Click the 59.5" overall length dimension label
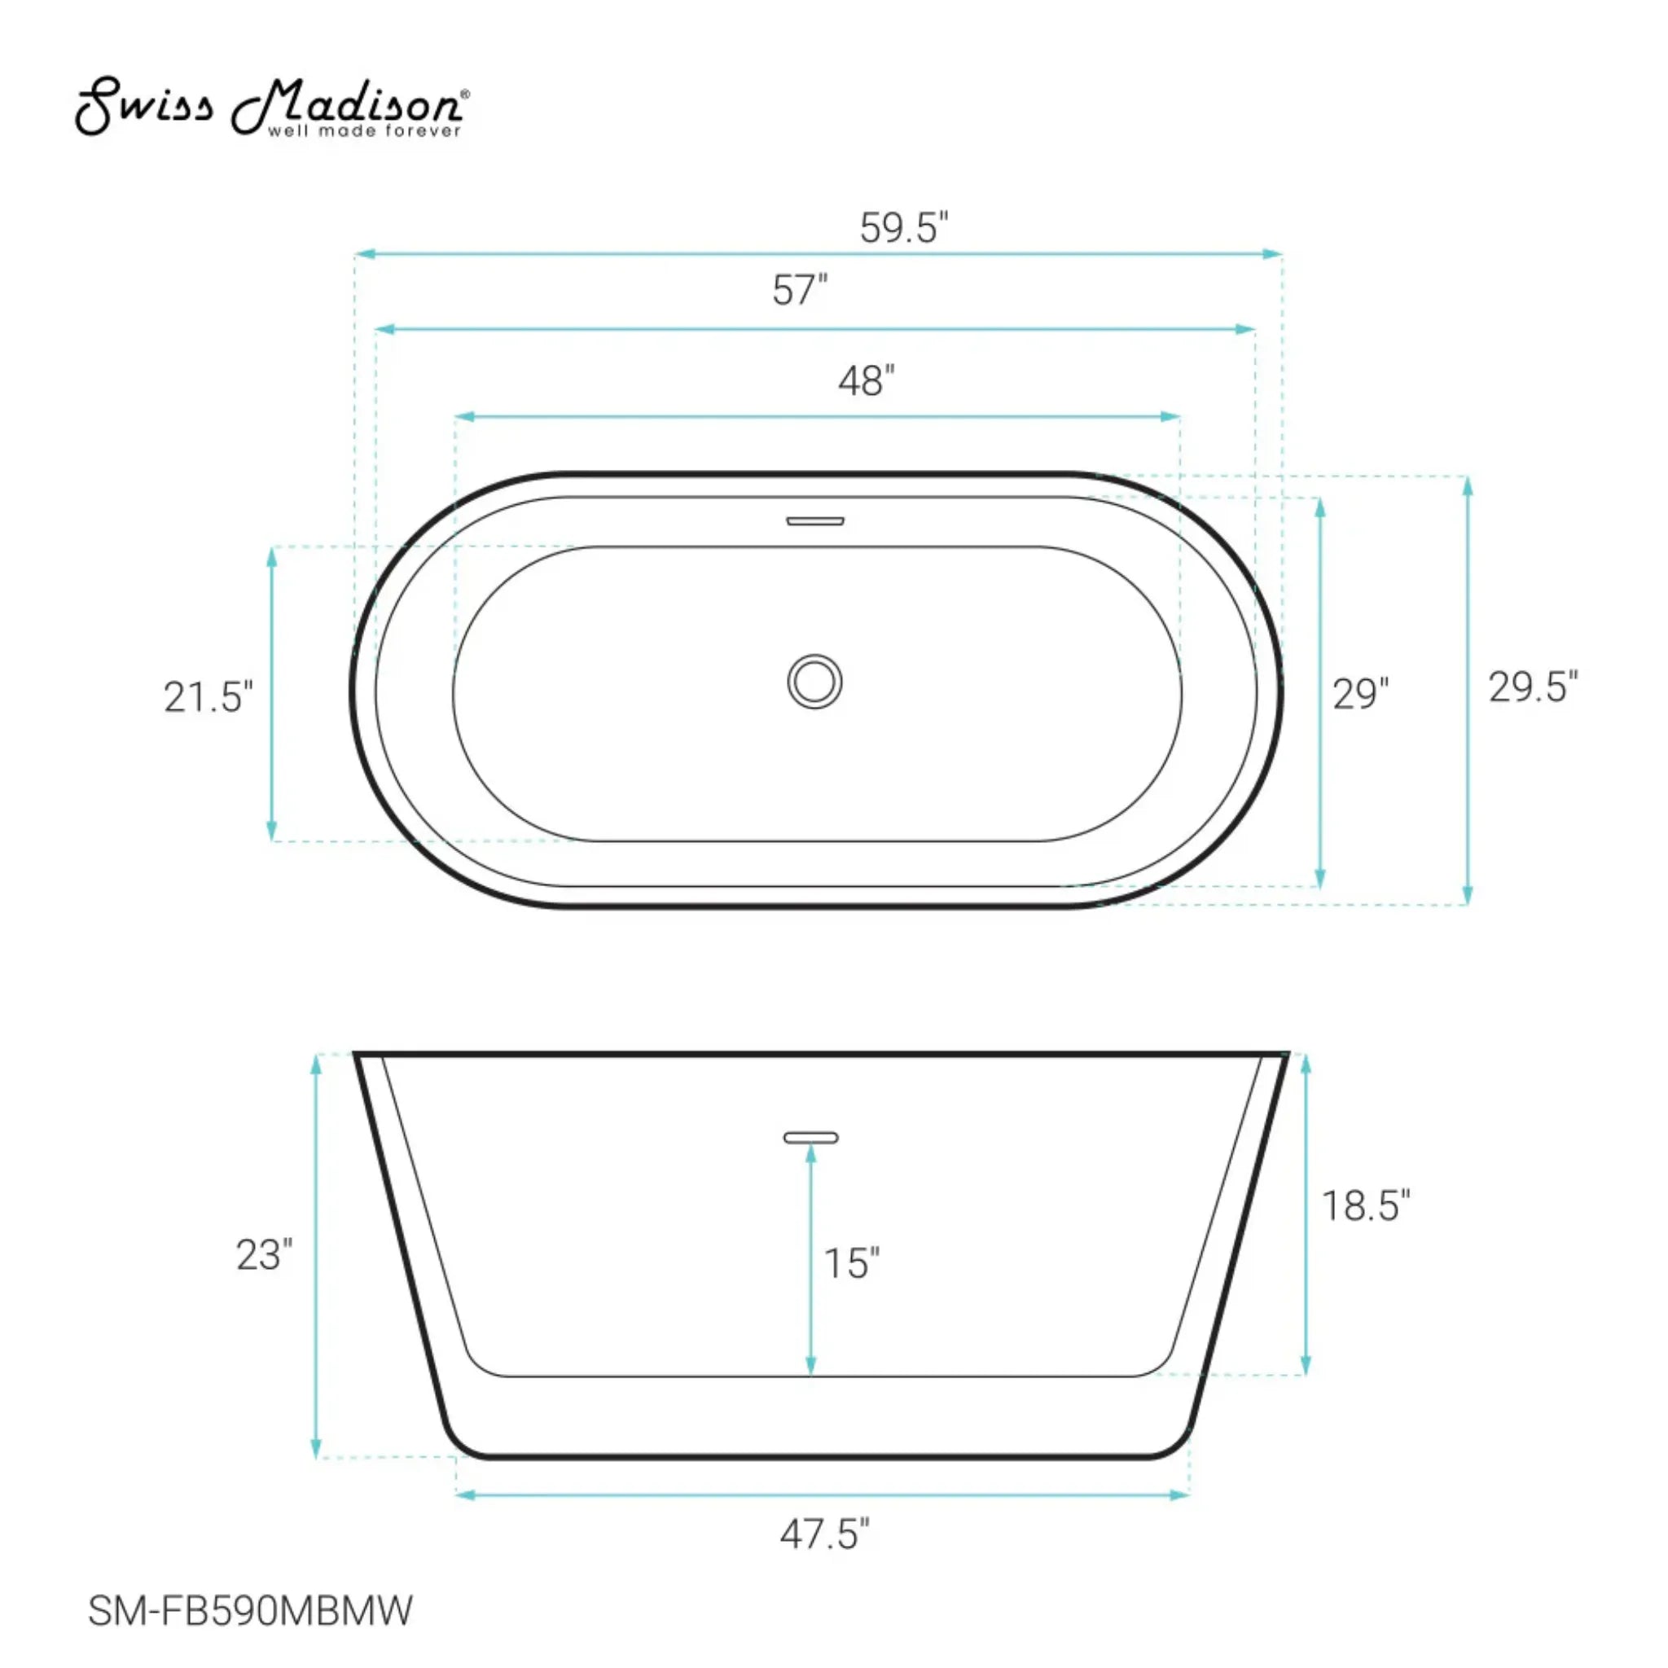coord(904,227)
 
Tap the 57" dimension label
coord(800,290)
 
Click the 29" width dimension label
coord(1361,694)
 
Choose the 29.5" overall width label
coord(1534,687)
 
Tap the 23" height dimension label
coord(264,1255)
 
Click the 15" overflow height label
coord(851,1264)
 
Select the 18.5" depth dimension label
coord(1366,1206)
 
